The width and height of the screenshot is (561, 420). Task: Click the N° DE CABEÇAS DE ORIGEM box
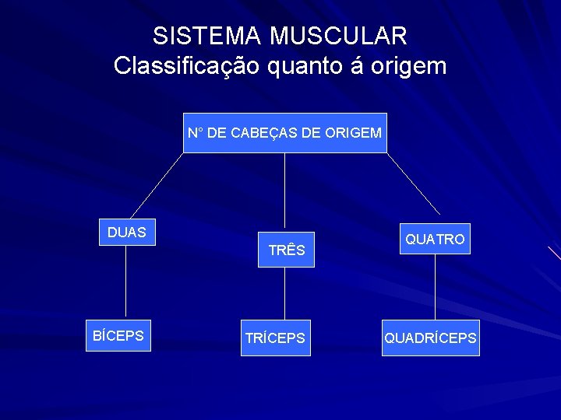(x=284, y=133)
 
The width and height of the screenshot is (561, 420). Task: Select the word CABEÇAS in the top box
(x=263, y=133)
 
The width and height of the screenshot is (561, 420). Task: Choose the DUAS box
(x=126, y=233)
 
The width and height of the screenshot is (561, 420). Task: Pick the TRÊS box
(x=286, y=250)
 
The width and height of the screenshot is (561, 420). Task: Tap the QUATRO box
(x=435, y=240)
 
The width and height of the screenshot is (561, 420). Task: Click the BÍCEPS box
(x=118, y=336)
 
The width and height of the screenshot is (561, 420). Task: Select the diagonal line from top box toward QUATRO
(x=413, y=184)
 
